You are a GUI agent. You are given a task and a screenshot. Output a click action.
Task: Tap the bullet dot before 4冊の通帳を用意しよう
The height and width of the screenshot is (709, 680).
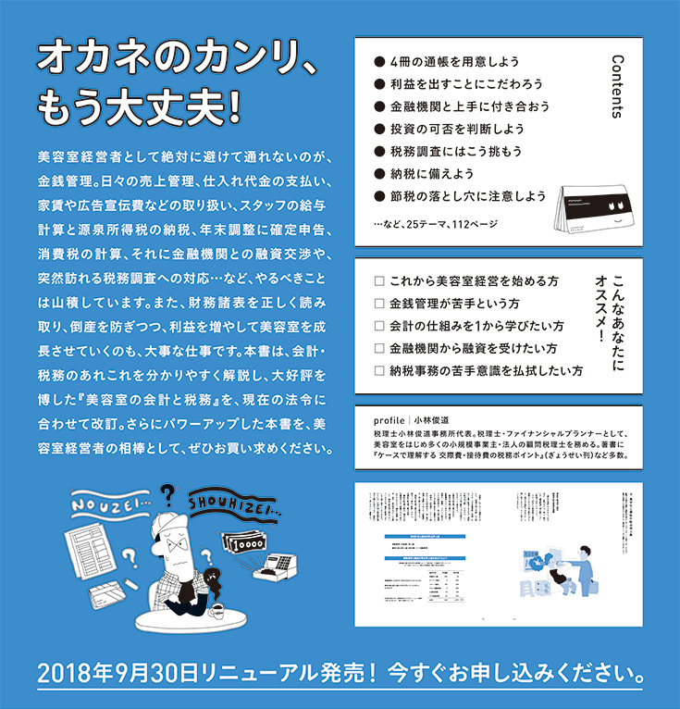click(x=378, y=62)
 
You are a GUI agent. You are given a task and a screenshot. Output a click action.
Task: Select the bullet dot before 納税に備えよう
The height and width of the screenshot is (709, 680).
click(x=378, y=173)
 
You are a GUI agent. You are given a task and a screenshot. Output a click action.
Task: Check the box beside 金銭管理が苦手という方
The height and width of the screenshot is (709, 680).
click(x=377, y=303)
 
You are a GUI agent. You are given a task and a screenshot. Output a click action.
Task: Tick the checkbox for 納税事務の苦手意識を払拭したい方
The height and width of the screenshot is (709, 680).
click(x=377, y=370)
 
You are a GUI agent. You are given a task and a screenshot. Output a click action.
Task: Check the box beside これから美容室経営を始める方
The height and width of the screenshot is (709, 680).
click(x=377, y=280)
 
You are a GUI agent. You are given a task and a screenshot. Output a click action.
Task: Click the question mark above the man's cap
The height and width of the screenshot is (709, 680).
click(x=168, y=495)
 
